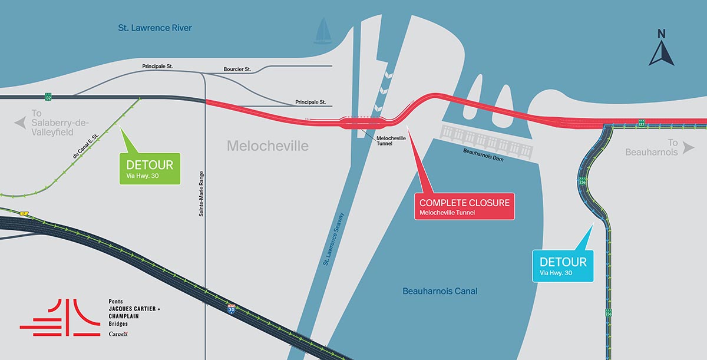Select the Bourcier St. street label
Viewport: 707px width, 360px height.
pyautogui.click(x=237, y=70)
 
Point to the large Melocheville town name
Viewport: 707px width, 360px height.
pyautogui.click(x=267, y=146)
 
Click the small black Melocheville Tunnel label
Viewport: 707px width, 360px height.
pyautogui.click(x=392, y=141)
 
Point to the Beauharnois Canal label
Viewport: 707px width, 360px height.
pyautogui.click(x=440, y=291)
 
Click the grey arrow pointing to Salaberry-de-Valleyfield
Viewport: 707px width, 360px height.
pyautogui.click(x=21, y=123)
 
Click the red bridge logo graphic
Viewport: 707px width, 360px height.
pyautogui.click(x=60, y=318)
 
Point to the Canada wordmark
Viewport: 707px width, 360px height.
pyautogui.click(x=118, y=334)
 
